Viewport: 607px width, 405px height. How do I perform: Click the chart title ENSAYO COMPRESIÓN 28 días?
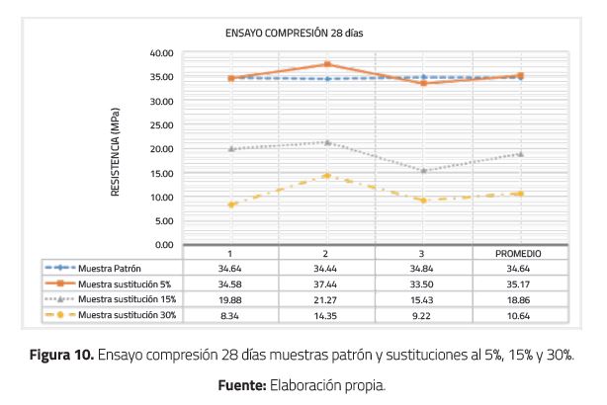pos(297,33)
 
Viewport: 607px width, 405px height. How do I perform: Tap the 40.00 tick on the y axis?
pos(161,53)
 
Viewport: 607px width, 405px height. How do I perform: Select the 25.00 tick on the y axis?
pos(161,125)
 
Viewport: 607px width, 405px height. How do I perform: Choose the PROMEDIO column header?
pos(518,253)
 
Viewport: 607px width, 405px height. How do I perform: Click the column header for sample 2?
pos(326,253)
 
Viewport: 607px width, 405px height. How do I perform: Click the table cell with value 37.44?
pos(326,283)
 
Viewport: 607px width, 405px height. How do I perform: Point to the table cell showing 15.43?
pos(422,299)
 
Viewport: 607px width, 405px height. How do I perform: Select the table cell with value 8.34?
pos(230,314)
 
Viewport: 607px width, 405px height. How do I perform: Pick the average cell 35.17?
pos(518,283)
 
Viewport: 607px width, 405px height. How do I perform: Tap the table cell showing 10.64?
pos(518,314)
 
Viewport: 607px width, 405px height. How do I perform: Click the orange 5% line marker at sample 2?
pos(326,65)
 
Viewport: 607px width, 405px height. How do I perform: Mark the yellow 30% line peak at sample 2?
pos(326,176)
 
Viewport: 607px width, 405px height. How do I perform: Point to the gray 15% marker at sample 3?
pos(422,171)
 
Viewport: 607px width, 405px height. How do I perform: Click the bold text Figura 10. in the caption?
pos(60,356)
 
